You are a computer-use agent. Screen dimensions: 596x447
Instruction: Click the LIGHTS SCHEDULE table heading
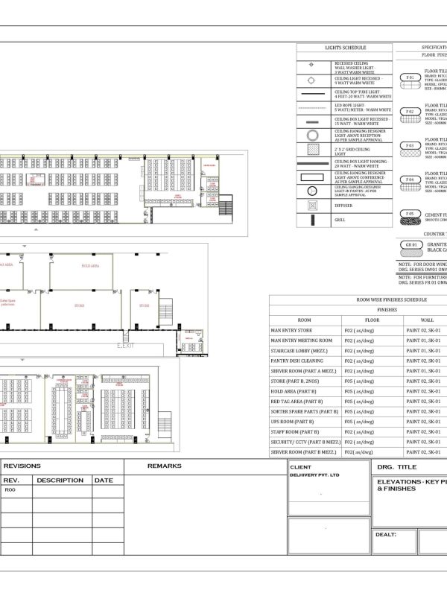[x=345, y=47]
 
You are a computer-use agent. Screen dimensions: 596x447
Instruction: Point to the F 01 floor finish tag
[x=409, y=77]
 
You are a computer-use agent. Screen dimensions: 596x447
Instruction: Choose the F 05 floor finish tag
[x=409, y=214]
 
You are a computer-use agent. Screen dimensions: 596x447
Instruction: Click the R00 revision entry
[x=10, y=491]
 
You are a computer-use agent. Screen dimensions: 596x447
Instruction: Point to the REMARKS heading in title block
[x=164, y=466]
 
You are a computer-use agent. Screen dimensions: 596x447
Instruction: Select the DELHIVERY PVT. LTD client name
[x=314, y=475]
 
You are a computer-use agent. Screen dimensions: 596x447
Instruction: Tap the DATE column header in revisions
[x=104, y=481]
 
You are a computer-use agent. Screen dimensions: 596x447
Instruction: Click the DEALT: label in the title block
[x=386, y=534]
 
